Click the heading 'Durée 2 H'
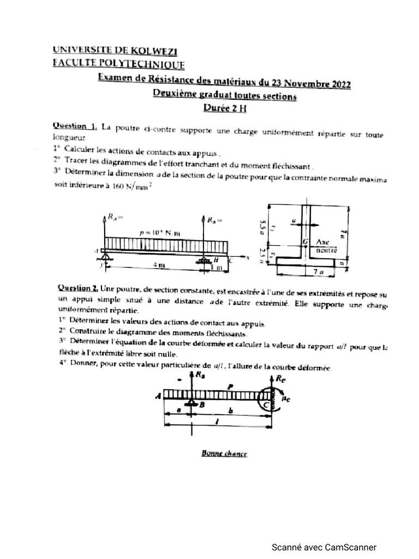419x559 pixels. coord(225,108)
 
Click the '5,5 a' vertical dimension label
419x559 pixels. coord(263,225)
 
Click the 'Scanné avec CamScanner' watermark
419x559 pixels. coord(324,547)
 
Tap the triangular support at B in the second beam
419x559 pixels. coord(191,405)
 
